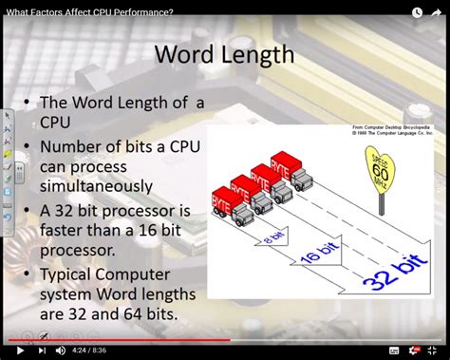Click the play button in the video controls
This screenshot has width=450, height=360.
pyautogui.click(x=20, y=351)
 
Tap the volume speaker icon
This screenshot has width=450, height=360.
pyautogui.click(x=61, y=351)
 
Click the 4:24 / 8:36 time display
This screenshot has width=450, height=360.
pyautogui.click(x=97, y=351)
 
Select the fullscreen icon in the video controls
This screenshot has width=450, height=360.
pyautogui.click(x=437, y=351)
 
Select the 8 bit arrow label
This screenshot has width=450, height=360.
pyautogui.click(x=275, y=236)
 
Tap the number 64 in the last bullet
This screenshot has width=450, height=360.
pyautogui.click(x=141, y=313)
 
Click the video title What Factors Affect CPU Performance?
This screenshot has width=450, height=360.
pyautogui.click(x=90, y=10)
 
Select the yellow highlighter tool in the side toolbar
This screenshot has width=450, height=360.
pyautogui.click(x=8, y=152)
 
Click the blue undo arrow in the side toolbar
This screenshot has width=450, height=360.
pyautogui.click(x=8, y=216)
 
